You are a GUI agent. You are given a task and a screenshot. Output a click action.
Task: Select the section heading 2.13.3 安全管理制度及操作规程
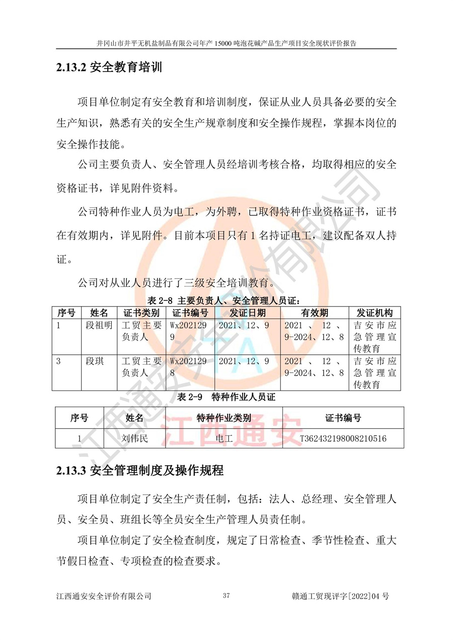click(x=139, y=471)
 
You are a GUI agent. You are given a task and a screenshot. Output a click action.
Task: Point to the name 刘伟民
click(x=134, y=439)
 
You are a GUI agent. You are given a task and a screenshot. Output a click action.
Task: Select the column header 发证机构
click(x=374, y=312)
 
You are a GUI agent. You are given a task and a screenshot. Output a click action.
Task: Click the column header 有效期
click(x=315, y=312)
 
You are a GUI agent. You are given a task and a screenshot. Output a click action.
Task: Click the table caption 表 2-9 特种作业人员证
click(x=226, y=397)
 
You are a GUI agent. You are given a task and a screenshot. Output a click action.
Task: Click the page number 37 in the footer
click(x=226, y=596)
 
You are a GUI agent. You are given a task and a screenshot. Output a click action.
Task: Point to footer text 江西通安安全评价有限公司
click(x=104, y=597)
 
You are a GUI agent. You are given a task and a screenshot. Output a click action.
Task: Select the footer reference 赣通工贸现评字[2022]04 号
click(x=340, y=597)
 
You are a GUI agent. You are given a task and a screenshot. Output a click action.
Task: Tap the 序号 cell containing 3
click(x=59, y=361)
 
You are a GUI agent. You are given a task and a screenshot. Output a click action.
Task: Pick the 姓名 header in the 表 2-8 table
click(x=99, y=312)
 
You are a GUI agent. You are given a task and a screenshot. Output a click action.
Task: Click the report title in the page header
click(x=226, y=43)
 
